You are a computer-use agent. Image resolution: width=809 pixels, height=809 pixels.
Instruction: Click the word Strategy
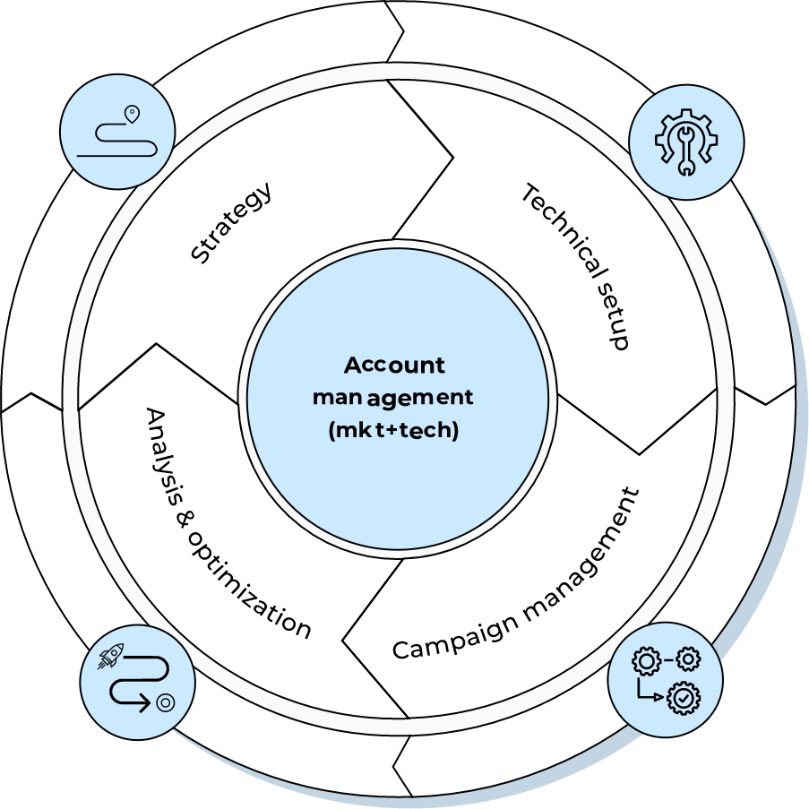[232, 223]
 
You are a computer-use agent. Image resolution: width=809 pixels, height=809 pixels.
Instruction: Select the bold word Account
[394, 366]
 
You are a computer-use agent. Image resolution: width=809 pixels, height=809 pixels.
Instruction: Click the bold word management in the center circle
[393, 397]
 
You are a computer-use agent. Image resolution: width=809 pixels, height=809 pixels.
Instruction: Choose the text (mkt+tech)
[394, 430]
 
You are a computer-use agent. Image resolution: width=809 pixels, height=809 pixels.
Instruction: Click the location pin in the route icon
[133, 114]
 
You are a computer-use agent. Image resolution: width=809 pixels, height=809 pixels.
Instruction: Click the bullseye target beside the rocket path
[165, 703]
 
